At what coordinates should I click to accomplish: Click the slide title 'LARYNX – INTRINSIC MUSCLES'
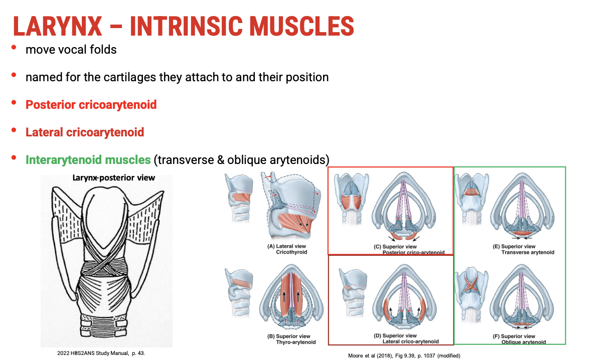183,26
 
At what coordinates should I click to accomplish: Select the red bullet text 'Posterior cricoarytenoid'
91,105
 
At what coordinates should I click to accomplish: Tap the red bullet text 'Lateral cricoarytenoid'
85,132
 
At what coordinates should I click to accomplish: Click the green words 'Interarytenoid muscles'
88,160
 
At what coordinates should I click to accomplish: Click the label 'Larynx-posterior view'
114,177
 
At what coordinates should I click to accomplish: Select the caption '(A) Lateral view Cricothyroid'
287,249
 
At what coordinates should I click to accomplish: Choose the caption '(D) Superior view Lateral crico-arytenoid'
406,338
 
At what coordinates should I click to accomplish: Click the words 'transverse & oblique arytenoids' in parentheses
242,160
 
